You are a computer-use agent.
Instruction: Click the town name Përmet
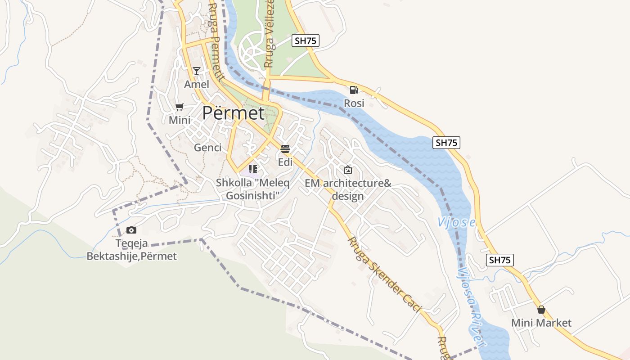[x=233, y=113]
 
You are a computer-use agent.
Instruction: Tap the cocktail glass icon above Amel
[x=197, y=71]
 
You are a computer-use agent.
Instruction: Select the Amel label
[x=197, y=85]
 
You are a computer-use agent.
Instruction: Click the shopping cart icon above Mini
[x=180, y=107]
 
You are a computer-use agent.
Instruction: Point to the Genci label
[x=207, y=148]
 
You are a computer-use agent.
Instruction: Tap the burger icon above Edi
[x=285, y=148]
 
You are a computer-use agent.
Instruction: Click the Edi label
[x=285, y=162]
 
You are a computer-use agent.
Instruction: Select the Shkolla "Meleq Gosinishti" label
[x=252, y=189]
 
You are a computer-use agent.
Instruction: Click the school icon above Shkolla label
[x=253, y=169]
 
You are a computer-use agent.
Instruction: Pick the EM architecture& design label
[x=348, y=189]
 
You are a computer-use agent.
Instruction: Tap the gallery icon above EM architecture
[x=347, y=170]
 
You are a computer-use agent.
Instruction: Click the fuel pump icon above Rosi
[x=354, y=90]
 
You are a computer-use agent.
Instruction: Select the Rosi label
[x=354, y=103]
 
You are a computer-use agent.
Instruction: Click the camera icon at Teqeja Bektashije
[x=131, y=230]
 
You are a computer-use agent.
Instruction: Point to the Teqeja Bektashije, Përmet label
[x=131, y=250]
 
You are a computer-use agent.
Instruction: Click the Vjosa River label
[x=471, y=306]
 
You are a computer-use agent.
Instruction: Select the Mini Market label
[x=541, y=323]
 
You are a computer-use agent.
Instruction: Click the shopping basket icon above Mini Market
[x=541, y=310]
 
